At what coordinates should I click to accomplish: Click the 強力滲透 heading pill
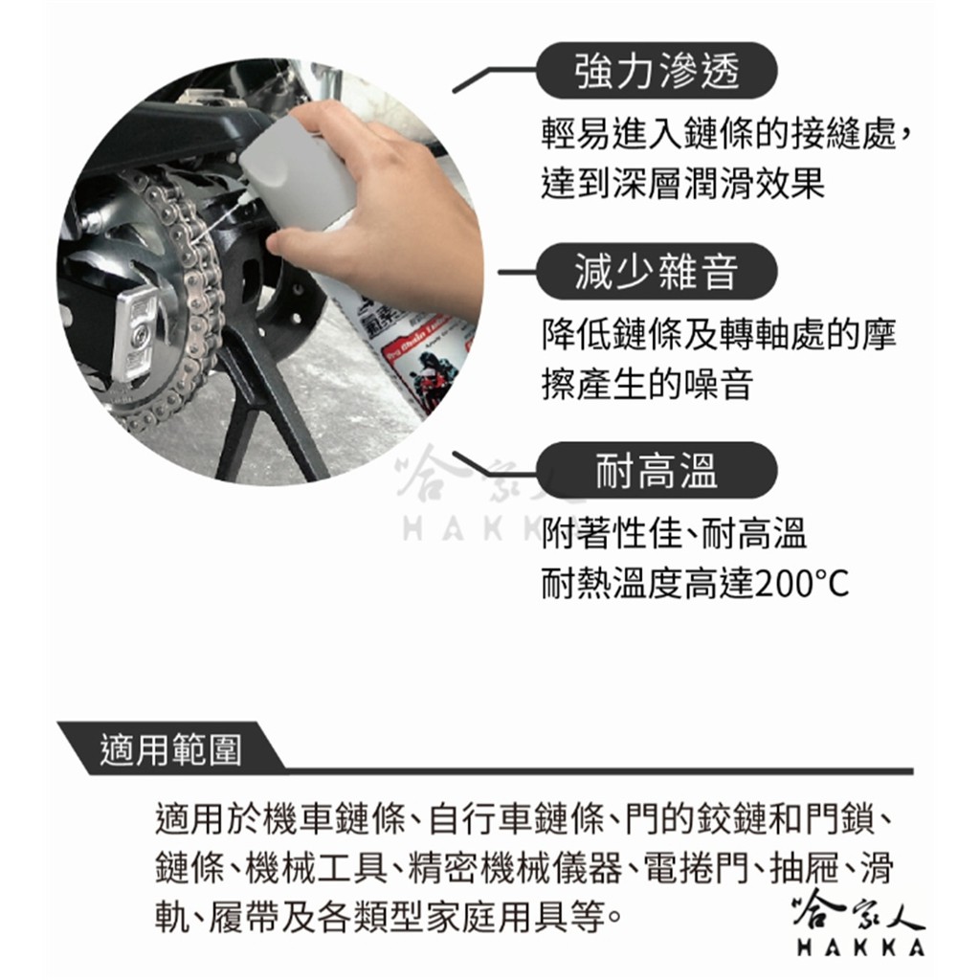click(x=657, y=71)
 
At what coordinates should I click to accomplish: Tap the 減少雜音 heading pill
click(x=657, y=272)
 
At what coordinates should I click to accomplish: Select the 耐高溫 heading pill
click(x=657, y=471)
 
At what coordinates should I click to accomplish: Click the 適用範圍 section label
click(x=170, y=748)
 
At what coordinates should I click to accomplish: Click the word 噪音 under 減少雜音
click(x=718, y=384)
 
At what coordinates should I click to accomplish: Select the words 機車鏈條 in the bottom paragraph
click(x=334, y=819)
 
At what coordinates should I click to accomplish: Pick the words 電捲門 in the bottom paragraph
click(x=696, y=868)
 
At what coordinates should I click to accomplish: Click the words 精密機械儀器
click(x=515, y=868)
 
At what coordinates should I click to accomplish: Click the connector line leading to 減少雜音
click(x=518, y=273)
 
